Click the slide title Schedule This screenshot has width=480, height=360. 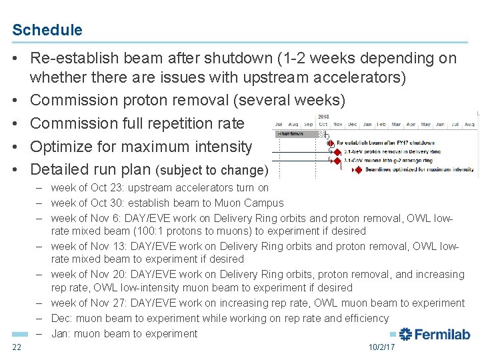pyautogui.click(x=47, y=30)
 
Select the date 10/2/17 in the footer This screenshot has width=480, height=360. pyautogui.click(x=381, y=347)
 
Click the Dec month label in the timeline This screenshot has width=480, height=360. pyautogui.click(x=352, y=125)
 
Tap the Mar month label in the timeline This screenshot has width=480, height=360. pyautogui.click(x=396, y=125)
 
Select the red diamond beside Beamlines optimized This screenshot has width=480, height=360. pyautogui.click(x=358, y=170)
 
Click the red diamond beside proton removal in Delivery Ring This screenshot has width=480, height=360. pyautogui.click(x=333, y=152)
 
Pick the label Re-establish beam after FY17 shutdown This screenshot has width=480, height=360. pyautogui.click(x=385, y=143)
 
